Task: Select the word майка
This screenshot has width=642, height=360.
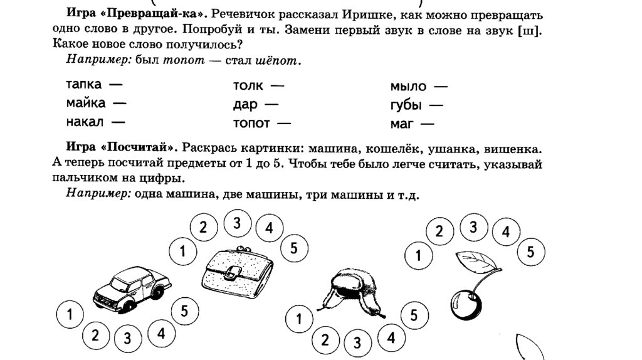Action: pos(86,103)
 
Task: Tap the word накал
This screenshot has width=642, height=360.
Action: pos(85,121)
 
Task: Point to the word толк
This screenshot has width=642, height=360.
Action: pos(248,86)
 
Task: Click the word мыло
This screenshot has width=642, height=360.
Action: pos(408,87)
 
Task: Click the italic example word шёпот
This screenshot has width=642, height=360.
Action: pos(278,61)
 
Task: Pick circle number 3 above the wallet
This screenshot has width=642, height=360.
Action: pos(236,223)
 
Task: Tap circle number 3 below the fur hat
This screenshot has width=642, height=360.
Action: pos(357,343)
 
